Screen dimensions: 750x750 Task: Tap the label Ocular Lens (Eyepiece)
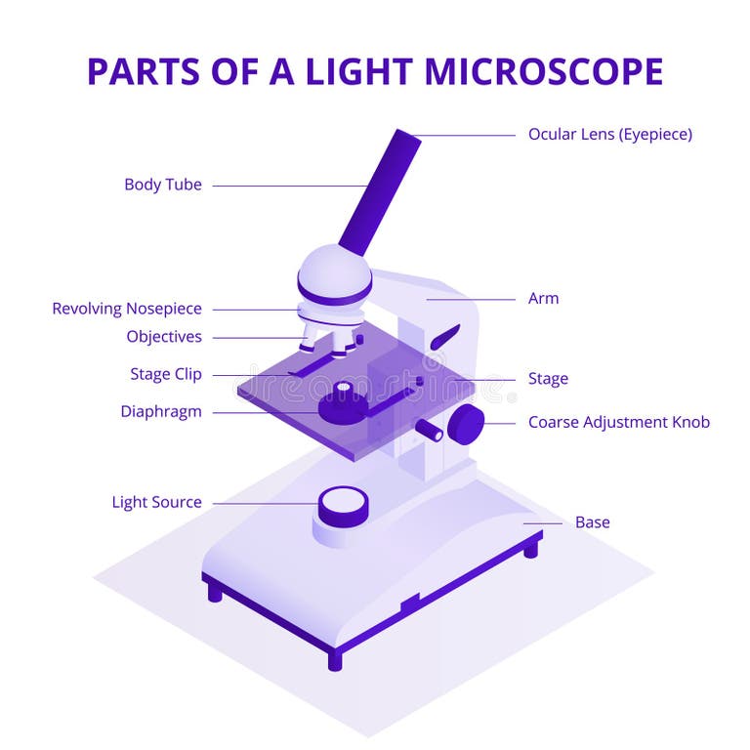coord(609,134)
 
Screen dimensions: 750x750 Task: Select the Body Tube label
coord(163,185)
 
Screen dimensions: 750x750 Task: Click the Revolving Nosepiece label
coord(127,309)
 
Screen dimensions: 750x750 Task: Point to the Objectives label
coord(164,337)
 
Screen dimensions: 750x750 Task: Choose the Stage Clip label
coord(165,374)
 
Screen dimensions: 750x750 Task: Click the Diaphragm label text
coord(161,411)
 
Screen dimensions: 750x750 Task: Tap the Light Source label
coord(156,502)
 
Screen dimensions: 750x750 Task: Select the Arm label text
coord(543,299)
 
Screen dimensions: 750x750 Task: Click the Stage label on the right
coord(548,379)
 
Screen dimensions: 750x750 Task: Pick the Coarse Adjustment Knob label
coord(619,422)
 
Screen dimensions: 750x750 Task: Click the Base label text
coord(592,522)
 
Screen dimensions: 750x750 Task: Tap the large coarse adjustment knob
coord(467,423)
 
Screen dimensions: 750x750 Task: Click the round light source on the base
coord(344,504)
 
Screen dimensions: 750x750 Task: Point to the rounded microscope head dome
coord(335,273)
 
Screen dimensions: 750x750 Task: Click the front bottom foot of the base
coord(335,659)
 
